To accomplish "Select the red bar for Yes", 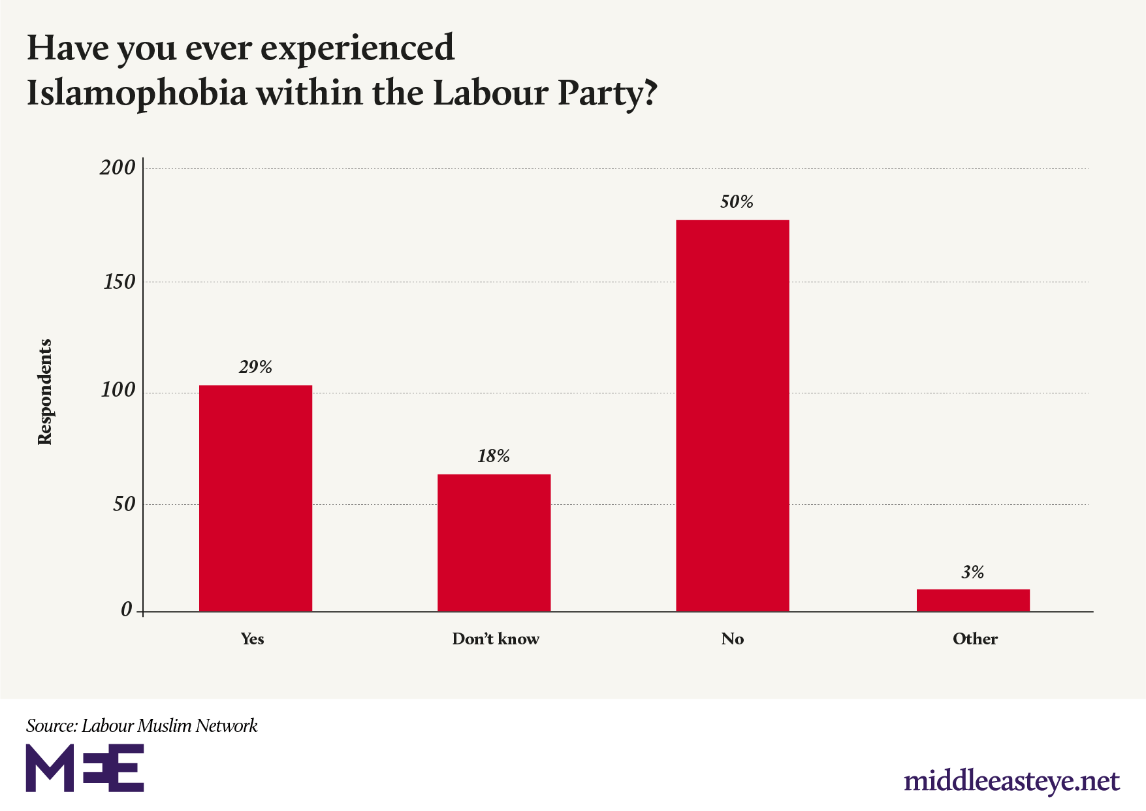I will (255, 498).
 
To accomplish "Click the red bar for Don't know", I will (494, 542).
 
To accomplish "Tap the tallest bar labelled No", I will (732, 416).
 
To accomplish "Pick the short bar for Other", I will (973, 600).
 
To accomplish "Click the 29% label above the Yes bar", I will (255, 367).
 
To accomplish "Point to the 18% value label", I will (494, 456).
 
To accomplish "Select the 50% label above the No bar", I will (737, 202).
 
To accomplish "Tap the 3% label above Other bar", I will (972, 572).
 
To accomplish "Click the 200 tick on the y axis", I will (118, 168).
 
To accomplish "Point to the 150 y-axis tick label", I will (119, 282).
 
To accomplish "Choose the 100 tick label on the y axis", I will (118, 391).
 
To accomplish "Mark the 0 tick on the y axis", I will (127, 610).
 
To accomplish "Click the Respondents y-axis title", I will (44, 392).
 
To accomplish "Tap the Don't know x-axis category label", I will (496, 639).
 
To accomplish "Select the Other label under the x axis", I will (975, 639).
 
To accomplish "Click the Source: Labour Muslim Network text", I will (142, 725).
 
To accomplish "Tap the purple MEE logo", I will (85, 768).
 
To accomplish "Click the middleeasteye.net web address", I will (1011, 781).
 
